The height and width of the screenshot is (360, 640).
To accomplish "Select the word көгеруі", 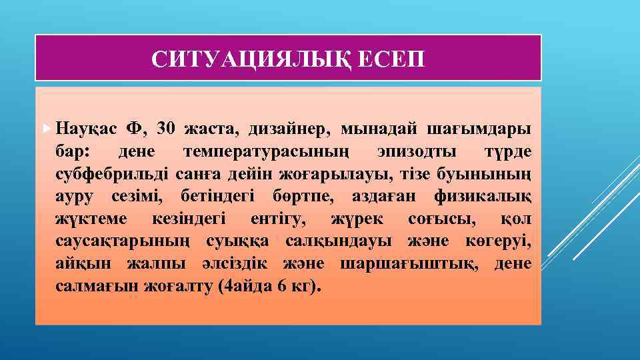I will tap(499, 242).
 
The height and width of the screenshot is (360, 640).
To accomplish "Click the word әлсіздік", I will tap(238, 265).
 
